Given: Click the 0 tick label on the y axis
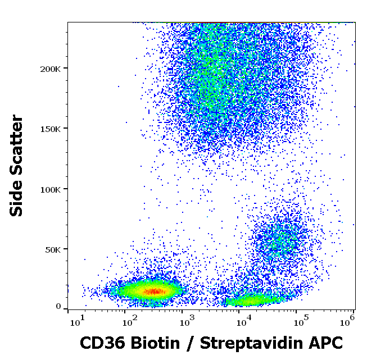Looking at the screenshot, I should pos(58,307).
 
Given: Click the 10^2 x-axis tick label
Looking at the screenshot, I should pos(131,321).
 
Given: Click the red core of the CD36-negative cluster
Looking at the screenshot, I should pos(153,291).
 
